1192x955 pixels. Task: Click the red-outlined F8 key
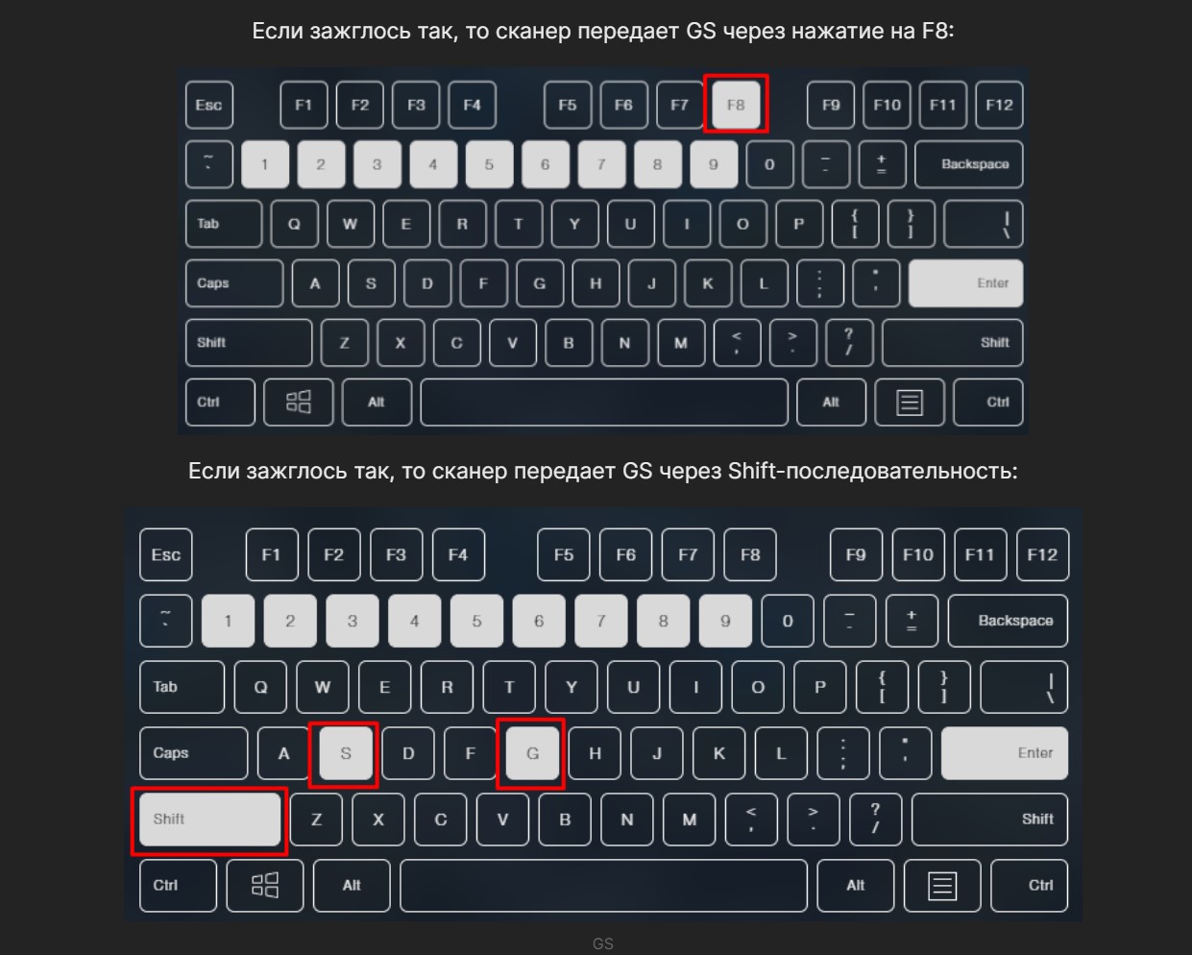(x=736, y=104)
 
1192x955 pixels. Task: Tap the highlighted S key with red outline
(x=346, y=753)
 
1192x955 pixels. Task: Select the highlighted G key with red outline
(x=532, y=753)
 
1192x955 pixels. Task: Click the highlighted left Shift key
(x=210, y=820)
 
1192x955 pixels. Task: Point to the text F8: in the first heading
(x=937, y=31)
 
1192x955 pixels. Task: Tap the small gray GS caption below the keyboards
(x=602, y=943)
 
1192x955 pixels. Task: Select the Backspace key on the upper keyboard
(x=969, y=164)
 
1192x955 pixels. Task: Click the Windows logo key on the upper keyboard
(x=299, y=402)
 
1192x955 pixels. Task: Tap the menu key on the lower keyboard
(x=942, y=885)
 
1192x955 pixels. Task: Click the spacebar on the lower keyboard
(x=603, y=885)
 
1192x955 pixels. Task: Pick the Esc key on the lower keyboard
(x=166, y=554)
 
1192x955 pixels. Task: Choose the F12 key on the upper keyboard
(x=999, y=104)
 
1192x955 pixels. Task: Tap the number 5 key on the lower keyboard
(x=476, y=621)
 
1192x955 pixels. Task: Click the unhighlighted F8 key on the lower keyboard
(x=750, y=554)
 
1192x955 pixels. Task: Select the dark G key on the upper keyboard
(x=540, y=283)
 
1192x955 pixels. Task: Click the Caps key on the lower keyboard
(x=194, y=753)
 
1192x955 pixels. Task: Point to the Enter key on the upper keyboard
(x=965, y=283)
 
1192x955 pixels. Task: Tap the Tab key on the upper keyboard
(x=224, y=224)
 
